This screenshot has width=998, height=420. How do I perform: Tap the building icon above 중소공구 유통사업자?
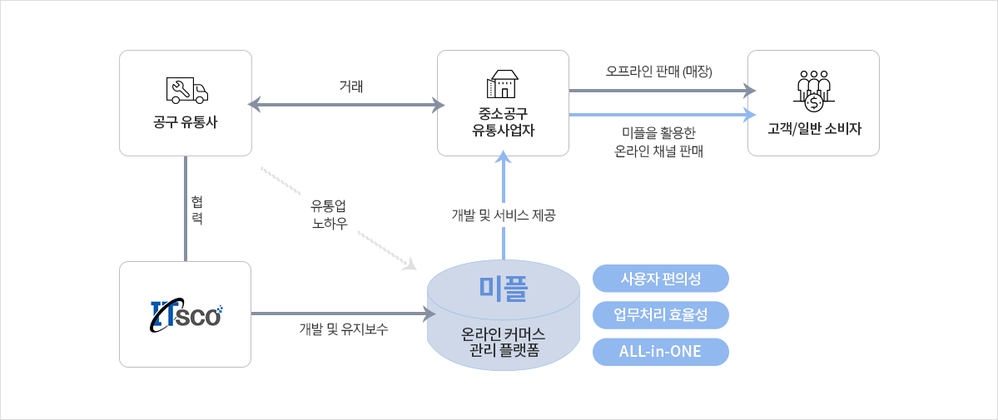click(503, 84)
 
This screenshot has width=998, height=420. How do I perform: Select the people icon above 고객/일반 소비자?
click(814, 89)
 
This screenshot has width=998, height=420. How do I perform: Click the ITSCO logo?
click(186, 314)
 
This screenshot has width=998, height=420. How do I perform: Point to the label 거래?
click(351, 86)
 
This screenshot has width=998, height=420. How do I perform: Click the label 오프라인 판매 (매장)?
click(659, 72)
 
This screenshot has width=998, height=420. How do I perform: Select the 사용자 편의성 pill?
click(661, 279)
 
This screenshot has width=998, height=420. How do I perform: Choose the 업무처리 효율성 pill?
click(661, 315)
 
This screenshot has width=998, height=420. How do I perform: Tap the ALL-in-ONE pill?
click(661, 352)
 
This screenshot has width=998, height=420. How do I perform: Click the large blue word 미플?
click(504, 288)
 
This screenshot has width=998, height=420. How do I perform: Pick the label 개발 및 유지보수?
click(343, 329)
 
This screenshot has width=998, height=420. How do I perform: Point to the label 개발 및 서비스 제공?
click(504, 215)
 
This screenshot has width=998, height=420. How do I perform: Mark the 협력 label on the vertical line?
click(196, 211)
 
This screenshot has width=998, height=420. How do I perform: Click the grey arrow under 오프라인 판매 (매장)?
click(661, 91)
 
